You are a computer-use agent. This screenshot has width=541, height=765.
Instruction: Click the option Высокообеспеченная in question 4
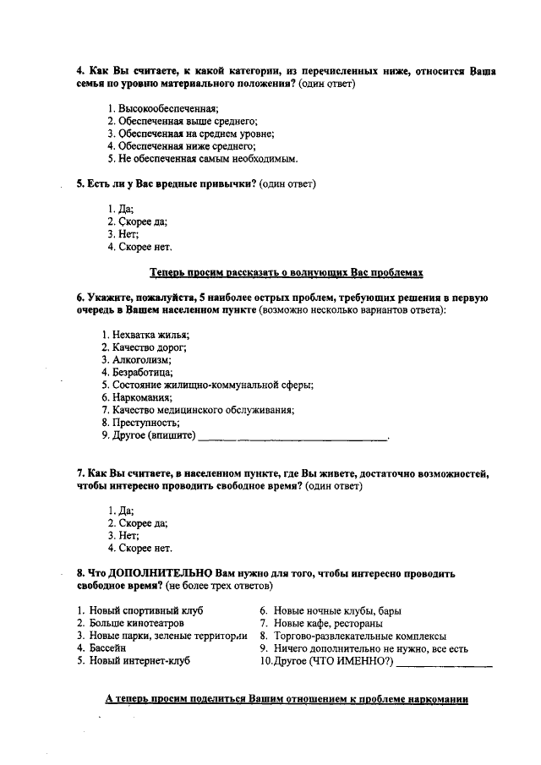163,108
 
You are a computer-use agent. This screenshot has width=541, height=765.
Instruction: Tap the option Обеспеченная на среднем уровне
190,133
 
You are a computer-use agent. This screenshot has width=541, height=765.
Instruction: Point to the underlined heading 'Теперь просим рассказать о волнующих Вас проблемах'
286,272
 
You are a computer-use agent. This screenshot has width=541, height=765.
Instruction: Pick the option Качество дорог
144,347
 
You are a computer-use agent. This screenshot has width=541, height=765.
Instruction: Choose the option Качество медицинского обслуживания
197,410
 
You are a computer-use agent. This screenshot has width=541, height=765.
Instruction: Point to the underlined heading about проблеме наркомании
286,700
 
